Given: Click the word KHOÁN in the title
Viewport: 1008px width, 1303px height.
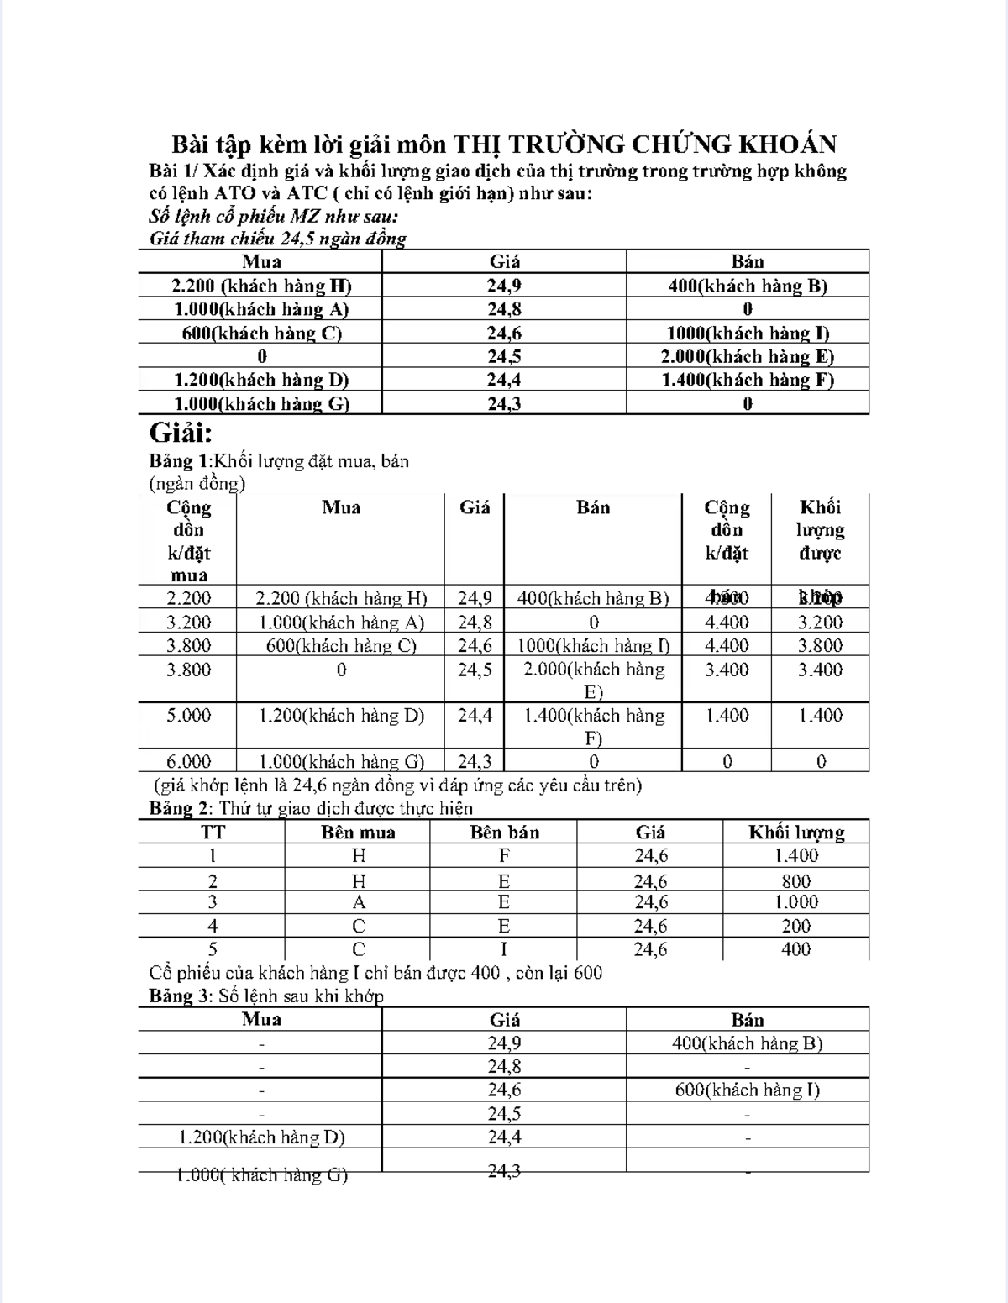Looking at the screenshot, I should [787, 144].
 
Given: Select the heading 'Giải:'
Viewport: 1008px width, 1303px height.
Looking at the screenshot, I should [181, 433].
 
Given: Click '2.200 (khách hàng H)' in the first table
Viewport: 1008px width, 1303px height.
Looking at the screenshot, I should [261, 286].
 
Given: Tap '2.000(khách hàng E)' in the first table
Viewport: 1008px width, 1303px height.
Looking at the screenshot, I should [748, 356].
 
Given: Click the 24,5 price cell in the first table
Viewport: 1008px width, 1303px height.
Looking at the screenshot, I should [504, 356].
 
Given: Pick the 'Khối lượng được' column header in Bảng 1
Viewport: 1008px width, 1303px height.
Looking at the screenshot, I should [820, 530].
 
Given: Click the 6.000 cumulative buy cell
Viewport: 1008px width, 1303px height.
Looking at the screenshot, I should [188, 762].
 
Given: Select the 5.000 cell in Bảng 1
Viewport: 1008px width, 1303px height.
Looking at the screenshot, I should [188, 716].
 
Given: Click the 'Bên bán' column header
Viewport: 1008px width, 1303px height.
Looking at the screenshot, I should [504, 833].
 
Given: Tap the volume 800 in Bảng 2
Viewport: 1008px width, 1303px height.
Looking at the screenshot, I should [795, 881].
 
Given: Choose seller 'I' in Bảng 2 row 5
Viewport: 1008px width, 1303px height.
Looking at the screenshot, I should [504, 949].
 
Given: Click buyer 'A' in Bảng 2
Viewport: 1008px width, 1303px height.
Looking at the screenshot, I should [359, 902].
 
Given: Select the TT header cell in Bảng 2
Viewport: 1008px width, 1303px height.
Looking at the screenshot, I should [213, 833].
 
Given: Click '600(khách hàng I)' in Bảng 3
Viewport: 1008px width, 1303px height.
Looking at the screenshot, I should [748, 1090].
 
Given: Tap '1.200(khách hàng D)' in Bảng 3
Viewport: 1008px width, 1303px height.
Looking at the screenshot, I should [261, 1137].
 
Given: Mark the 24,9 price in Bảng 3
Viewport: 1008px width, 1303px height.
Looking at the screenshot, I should [504, 1043].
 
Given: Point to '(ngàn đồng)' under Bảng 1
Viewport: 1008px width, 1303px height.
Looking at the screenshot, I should [197, 484].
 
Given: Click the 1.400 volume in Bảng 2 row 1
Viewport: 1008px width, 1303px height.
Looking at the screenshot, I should [795, 856].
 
